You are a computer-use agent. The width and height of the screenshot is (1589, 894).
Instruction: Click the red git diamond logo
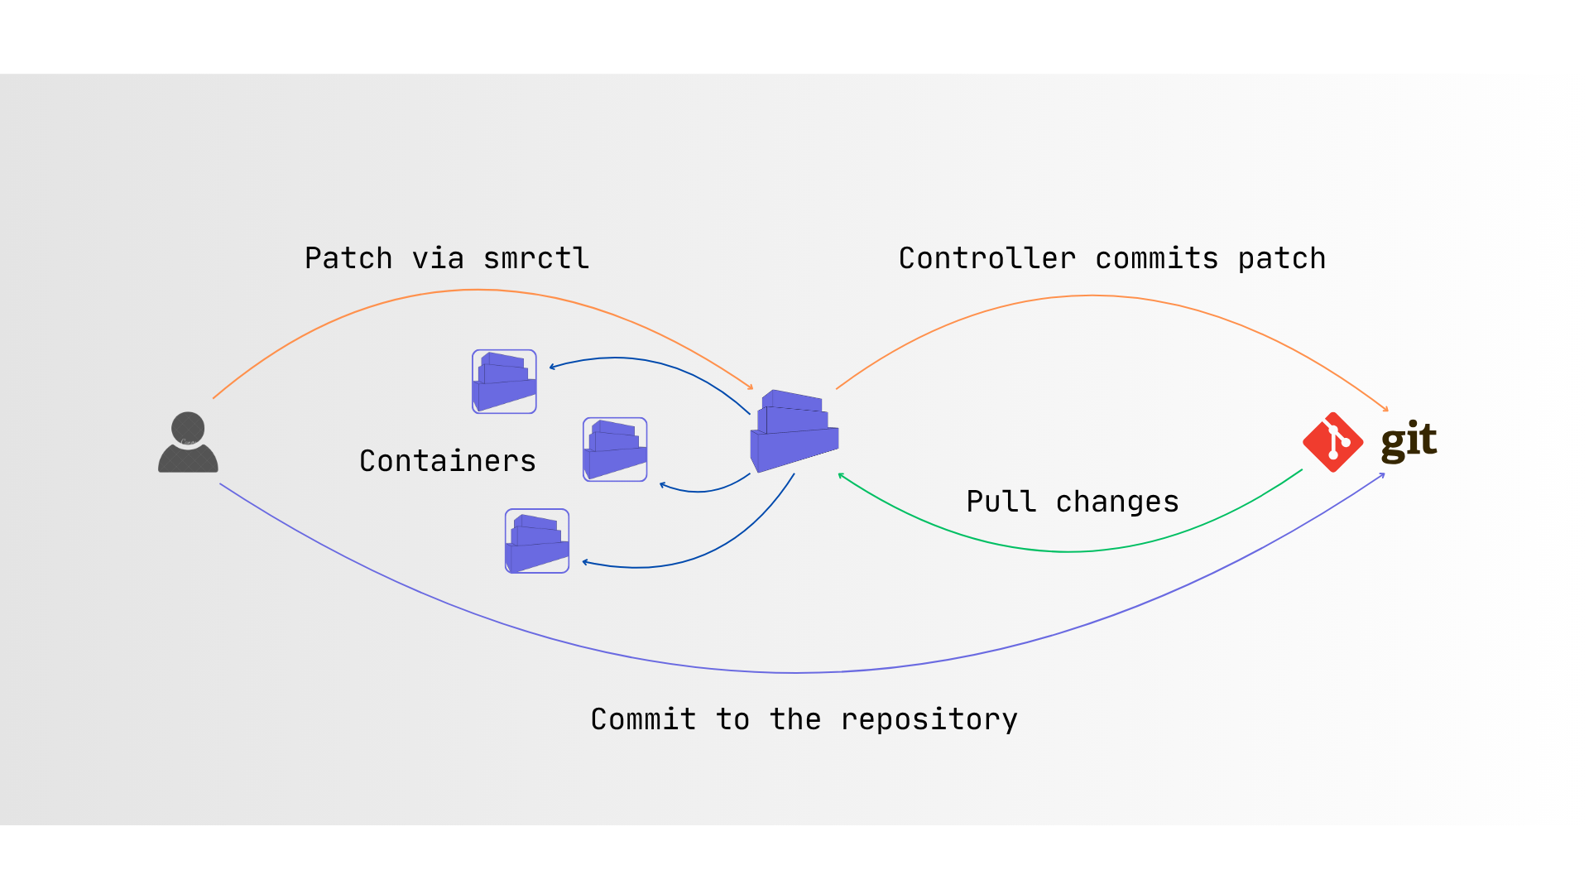1332,442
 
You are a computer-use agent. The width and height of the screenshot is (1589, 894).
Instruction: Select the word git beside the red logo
1409,440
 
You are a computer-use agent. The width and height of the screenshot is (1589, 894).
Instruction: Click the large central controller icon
794,430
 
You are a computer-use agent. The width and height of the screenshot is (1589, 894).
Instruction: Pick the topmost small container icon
504,382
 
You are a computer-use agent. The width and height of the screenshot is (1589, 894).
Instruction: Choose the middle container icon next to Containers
615,449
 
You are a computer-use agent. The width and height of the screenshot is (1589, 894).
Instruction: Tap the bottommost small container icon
537,541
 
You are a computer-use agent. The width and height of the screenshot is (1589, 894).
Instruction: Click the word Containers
448,461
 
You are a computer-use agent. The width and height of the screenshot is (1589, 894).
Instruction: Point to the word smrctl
536,258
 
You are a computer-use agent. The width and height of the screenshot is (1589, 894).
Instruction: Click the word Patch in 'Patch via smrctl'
348,258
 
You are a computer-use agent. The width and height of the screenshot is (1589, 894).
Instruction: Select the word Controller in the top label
987,258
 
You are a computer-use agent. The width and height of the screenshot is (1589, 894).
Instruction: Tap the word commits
1157,258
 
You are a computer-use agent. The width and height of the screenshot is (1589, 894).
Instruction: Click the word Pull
1001,502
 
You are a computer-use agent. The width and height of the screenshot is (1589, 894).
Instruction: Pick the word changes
1117,502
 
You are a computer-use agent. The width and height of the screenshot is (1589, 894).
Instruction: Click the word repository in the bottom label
929,719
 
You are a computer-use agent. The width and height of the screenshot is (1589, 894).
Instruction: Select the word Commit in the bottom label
643,719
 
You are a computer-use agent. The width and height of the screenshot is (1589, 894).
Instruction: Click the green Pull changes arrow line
1068,551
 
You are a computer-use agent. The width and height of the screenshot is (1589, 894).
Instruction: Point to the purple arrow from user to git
794,672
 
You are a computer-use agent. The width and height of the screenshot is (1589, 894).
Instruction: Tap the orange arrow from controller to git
1092,296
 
